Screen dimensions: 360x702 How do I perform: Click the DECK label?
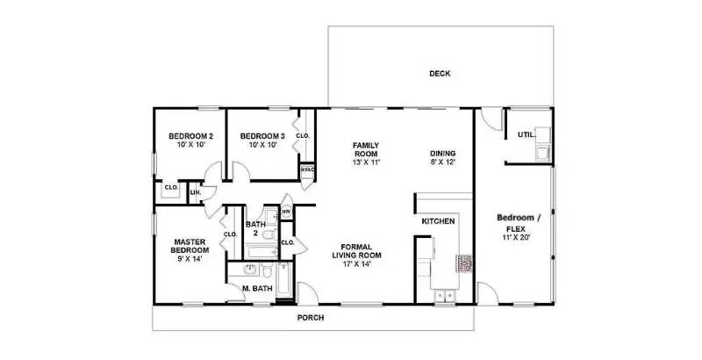[440, 74]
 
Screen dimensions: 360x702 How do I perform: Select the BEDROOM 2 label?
[191, 136]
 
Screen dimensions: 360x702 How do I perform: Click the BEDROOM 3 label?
[262, 136]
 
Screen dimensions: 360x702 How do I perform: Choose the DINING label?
[443, 153]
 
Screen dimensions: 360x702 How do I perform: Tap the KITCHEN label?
[438, 221]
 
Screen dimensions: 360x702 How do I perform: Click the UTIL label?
[525, 134]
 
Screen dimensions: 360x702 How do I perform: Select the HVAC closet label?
[307, 169]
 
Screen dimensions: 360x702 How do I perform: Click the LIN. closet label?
[195, 192]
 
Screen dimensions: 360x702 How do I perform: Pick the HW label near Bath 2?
[286, 212]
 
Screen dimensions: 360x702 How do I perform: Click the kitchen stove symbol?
[462, 263]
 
